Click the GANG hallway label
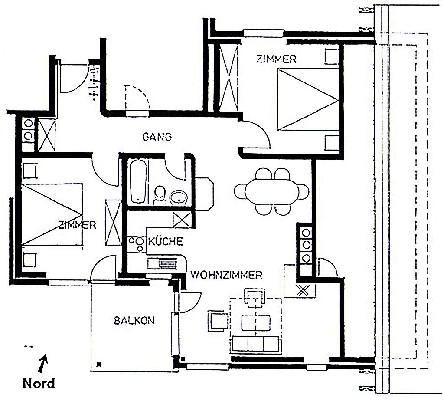[x=157, y=137]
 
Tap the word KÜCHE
[x=166, y=241]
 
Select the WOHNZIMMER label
[x=226, y=275]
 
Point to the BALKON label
[x=134, y=321]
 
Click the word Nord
[x=39, y=383]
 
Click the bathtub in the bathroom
[x=138, y=181]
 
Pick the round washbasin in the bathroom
[x=179, y=197]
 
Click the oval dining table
[x=272, y=191]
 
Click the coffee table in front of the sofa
[x=256, y=322]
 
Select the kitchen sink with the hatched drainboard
[x=163, y=264]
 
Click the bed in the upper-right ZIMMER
[x=308, y=99]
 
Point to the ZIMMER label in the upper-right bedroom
[x=276, y=59]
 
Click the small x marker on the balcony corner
[x=99, y=364]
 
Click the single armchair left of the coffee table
[x=218, y=321]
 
